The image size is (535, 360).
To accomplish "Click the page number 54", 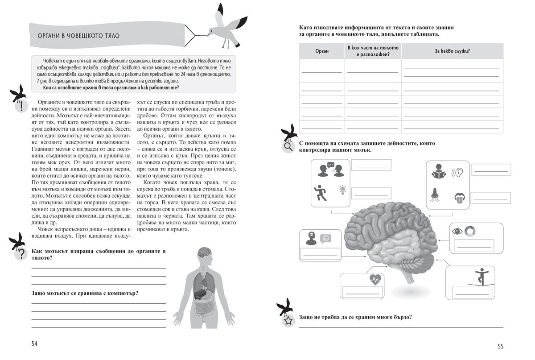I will tap(34, 343).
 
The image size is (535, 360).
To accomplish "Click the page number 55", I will tap(500, 346).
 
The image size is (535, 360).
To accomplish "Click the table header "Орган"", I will tap(321, 51).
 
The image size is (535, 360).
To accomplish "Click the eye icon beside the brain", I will tap(457, 231).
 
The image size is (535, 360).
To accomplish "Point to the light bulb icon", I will tap(342, 189).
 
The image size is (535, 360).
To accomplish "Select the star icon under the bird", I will tap(288, 320).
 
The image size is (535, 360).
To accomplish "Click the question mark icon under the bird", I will tap(21, 255).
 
